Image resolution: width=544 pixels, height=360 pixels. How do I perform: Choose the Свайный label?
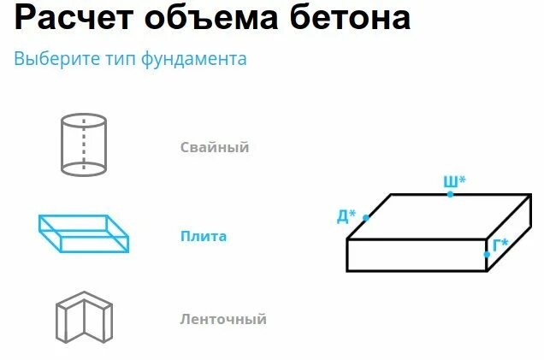(215, 147)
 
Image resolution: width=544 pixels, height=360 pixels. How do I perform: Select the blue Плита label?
(203, 236)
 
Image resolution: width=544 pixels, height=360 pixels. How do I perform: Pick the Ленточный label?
(223, 320)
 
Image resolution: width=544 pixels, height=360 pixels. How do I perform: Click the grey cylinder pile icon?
(83, 145)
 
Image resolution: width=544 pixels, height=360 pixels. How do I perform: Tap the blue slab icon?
(84, 233)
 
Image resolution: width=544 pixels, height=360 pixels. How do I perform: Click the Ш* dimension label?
(454, 181)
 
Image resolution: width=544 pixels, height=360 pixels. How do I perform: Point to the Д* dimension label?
(346, 215)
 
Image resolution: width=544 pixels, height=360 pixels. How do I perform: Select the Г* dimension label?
(500, 245)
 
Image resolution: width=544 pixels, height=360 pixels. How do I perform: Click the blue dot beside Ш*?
(451, 195)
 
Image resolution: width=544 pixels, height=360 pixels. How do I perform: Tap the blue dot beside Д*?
(365, 218)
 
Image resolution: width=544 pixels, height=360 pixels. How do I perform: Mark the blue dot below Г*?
(487, 256)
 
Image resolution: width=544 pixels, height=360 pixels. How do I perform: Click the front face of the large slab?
(417, 255)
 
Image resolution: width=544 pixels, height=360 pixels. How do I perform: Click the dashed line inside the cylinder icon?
(83, 145)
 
